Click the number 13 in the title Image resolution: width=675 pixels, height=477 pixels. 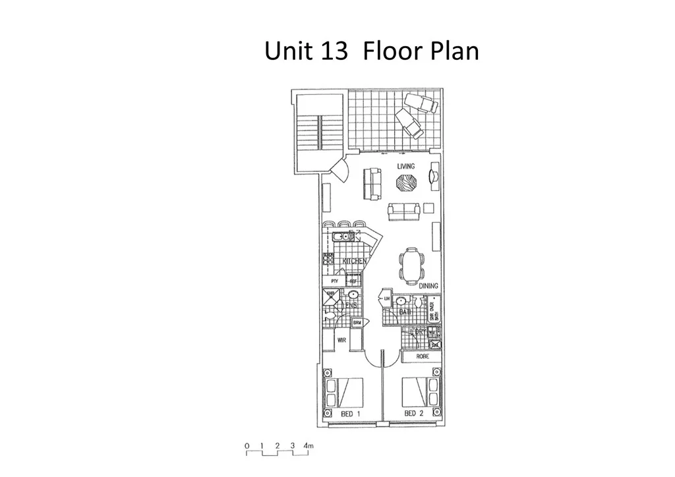coord(331,51)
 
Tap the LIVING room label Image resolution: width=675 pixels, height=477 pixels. coord(406,166)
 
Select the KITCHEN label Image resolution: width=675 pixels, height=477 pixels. coord(354,262)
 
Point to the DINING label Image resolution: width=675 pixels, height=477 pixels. coord(428,286)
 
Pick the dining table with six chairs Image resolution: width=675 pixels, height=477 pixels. coord(412,264)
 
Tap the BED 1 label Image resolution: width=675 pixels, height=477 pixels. coord(350,414)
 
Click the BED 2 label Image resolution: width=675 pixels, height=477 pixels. coord(413,414)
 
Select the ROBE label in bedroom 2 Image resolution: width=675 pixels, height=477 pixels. coord(423,356)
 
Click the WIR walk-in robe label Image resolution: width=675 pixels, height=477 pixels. coord(341,341)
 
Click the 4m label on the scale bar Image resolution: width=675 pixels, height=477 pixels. coord(308,446)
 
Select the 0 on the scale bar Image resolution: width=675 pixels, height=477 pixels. coord(247,446)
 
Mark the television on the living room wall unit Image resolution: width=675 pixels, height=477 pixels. coord(433,175)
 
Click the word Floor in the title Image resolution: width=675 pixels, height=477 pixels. coord(393,51)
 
